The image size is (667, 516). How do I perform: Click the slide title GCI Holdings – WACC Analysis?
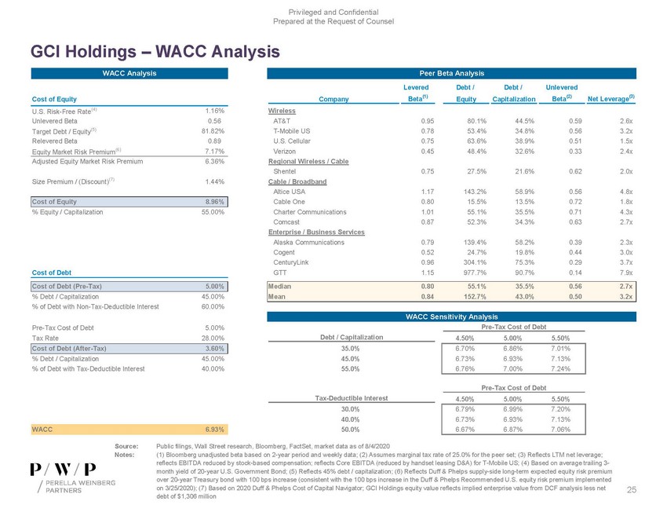point(155,52)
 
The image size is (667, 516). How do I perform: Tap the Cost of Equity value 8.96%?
point(215,202)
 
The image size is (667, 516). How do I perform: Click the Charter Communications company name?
point(309,212)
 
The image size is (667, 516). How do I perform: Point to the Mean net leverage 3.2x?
point(625,298)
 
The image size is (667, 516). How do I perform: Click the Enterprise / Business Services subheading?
point(316,233)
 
